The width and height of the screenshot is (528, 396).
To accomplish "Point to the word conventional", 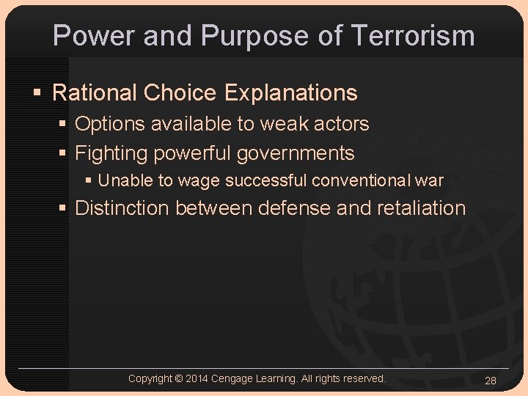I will [x=363, y=180].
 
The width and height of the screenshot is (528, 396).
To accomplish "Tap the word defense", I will [x=294, y=208].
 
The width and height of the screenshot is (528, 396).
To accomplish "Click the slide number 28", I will [x=491, y=380].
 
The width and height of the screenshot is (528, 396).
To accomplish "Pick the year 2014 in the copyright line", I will [x=197, y=378].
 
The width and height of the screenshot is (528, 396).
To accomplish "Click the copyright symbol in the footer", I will [x=178, y=378].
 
